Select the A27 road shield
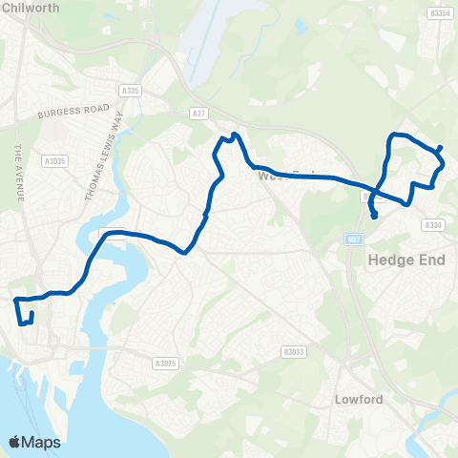(x=198, y=114)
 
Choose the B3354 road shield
(x=440, y=14)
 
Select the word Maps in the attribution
(x=42, y=442)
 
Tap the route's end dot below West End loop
(x=374, y=217)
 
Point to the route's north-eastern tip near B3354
(x=439, y=148)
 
